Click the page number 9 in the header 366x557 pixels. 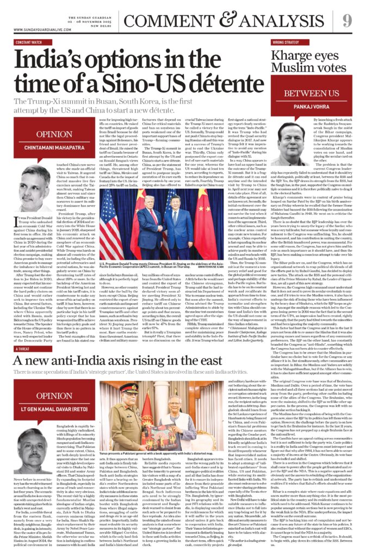[347, 21]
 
